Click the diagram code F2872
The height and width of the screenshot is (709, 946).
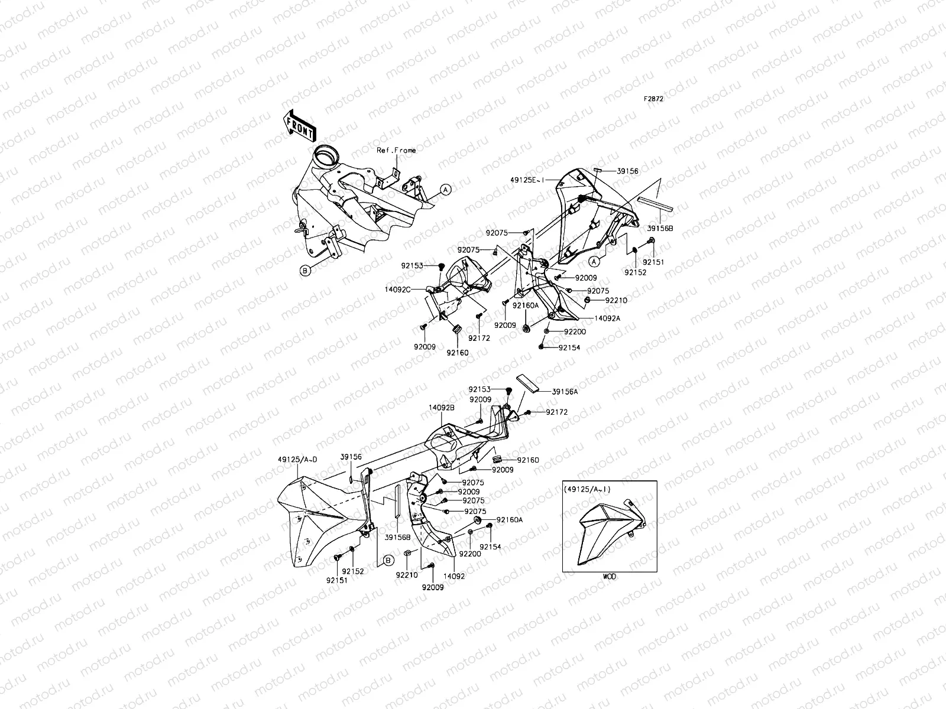pos(653,99)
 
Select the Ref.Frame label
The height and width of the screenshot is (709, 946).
pos(396,150)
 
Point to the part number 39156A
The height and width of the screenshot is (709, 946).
pos(564,391)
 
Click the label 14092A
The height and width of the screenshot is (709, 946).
pos(607,318)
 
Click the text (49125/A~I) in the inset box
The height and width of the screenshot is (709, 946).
pos(588,489)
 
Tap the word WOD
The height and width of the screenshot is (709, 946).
pos(609,576)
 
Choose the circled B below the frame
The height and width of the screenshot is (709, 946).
pos(305,271)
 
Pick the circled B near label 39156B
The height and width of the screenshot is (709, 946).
pos(387,560)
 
